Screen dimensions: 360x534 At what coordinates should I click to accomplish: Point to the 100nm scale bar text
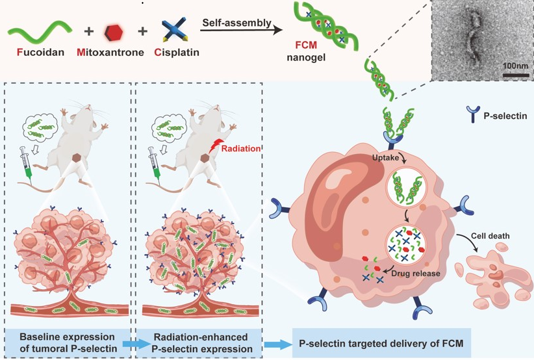pos(515,66)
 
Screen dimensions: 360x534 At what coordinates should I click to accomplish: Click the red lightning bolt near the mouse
pos(212,151)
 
